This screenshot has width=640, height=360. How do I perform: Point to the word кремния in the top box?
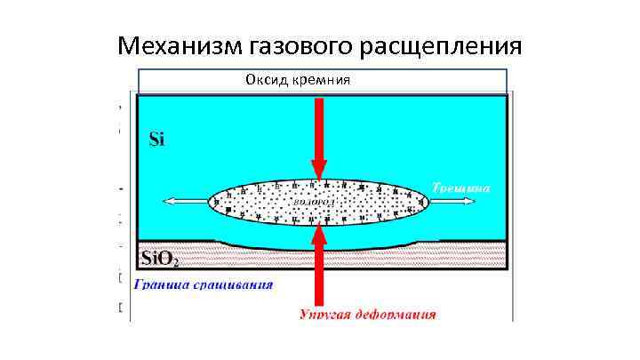tap(320, 80)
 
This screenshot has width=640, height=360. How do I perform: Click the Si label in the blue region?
tap(156, 139)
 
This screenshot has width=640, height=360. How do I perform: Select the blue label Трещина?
tap(461, 188)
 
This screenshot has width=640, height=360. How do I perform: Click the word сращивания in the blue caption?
tap(236, 285)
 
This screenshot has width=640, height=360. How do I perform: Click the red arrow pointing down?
tap(318, 133)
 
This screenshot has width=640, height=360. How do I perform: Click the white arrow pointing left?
tap(187, 202)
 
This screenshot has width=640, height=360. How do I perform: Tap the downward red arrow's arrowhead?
tap(318, 169)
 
